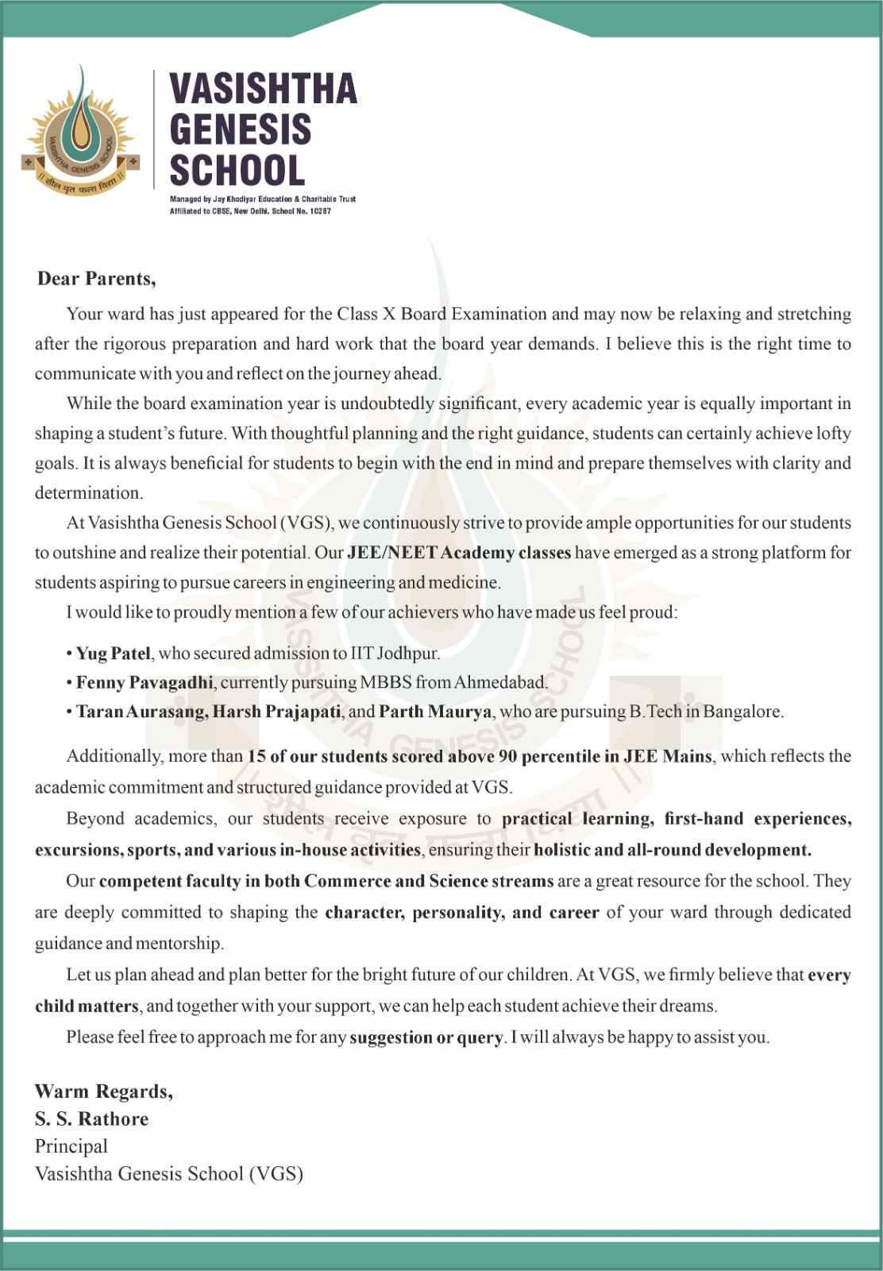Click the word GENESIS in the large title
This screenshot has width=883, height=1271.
pyautogui.click(x=241, y=129)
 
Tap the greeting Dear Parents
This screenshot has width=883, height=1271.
pyautogui.click(x=96, y=279)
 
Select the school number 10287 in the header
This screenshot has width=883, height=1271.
pyautogui.click(x=317, y=211)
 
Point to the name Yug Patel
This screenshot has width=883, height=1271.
pyautogui.click(x=113, y=654)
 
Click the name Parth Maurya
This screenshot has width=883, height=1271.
pyautogui.click(x=435, y=712)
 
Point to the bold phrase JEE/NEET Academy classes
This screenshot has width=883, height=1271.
pyautogui.click(x=459, y=553)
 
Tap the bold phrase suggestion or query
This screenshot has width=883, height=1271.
pyautogui.click(x=426, y=1037)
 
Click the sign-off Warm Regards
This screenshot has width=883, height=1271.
pyautogui.click(x=103, y=1091)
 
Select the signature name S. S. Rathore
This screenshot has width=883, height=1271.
pyautogui.click(x=91, y=1119)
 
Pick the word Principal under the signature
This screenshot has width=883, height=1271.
pyautogui.click(x=71, y=1146)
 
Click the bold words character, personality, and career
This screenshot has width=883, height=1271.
pyautogui.click(x=462, y=913)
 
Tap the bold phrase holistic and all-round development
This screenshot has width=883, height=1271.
pyautogui.click(x=673, y=850)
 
